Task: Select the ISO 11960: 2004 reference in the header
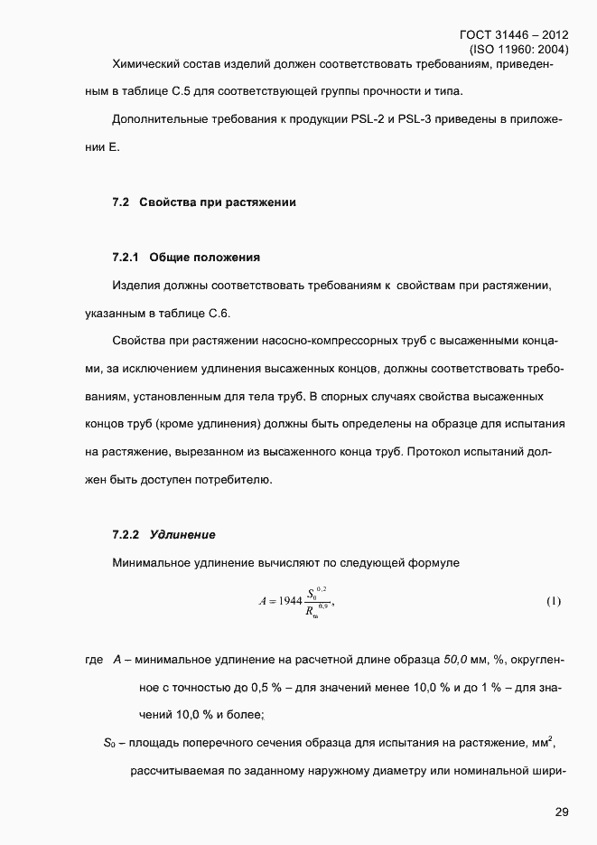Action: (519, 50)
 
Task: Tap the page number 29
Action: (561, 812)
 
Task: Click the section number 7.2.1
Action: (126, 258)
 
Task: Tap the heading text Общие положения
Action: (204, 258)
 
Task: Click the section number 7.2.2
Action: (126, 534)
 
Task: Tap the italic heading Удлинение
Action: (182, 534)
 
